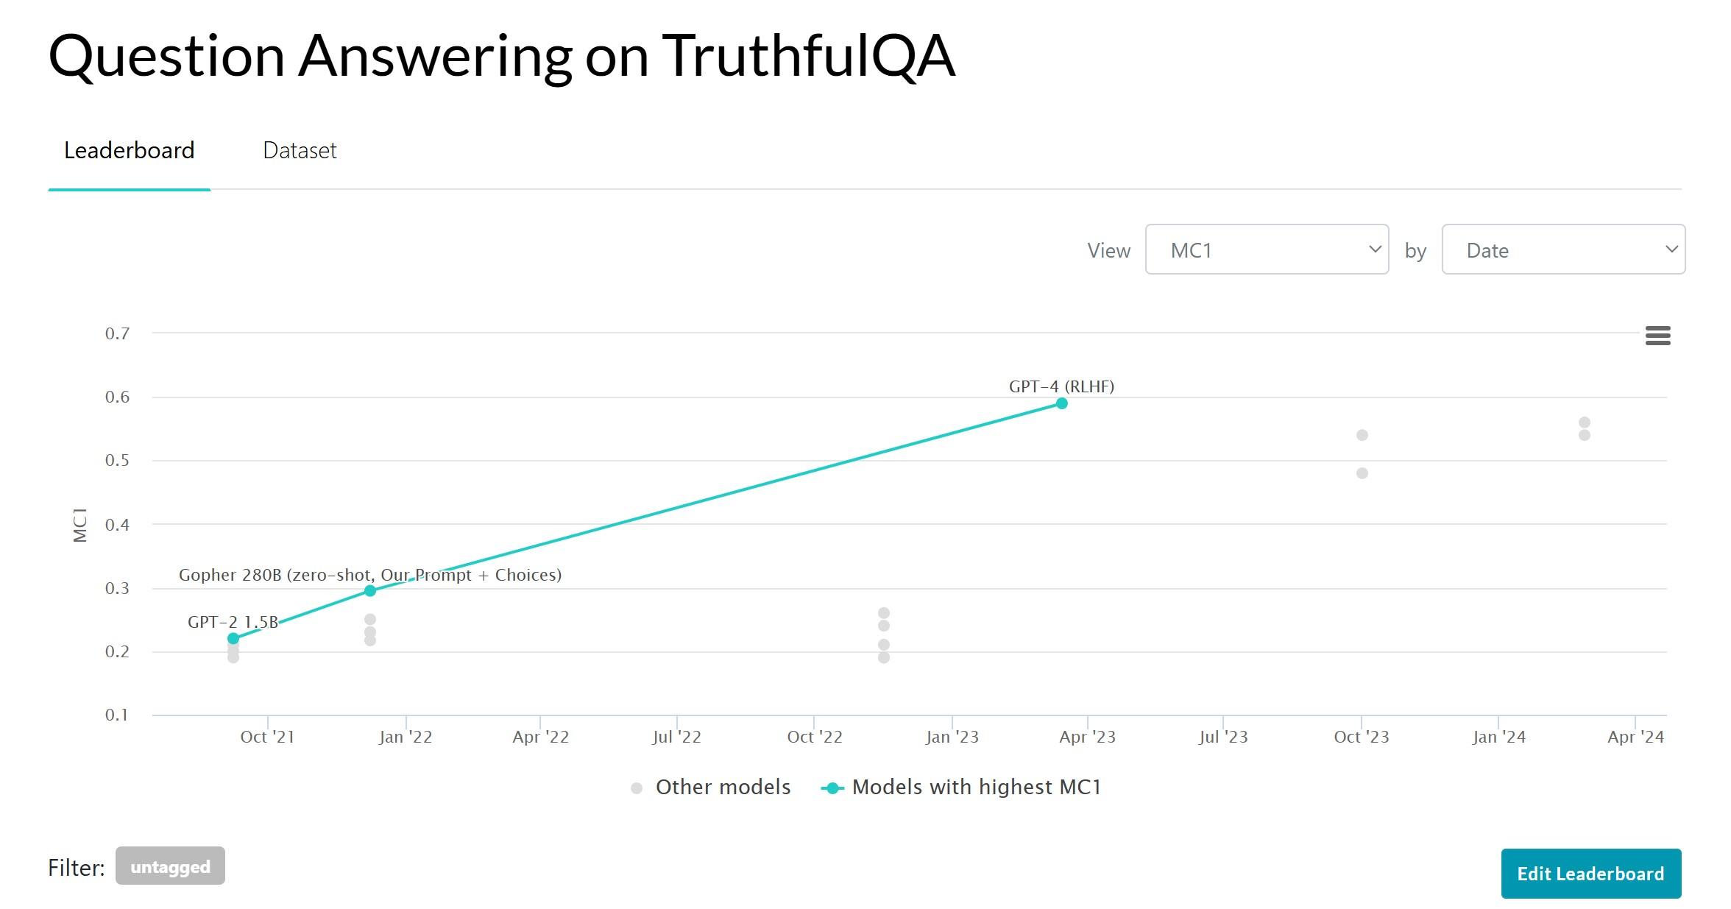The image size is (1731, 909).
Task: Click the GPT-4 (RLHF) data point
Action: (x=1061, y=403)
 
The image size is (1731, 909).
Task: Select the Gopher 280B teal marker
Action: (x=370, y=590)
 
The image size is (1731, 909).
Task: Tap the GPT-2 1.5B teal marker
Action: (x=233, y=638)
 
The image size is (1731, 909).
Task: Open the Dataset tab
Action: (x=300, y=150)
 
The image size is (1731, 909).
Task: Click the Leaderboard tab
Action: (x=130, y=150)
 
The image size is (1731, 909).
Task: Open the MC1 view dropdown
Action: (x=1267, y=250)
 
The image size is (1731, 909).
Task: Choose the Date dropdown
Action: (x=1563, y=250)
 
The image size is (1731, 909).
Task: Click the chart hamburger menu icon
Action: (x=1657, y=336)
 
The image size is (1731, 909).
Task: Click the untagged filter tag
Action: (x=170, y=866)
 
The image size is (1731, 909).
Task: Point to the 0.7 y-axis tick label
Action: (x=117, y=333)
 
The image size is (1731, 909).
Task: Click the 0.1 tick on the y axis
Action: (x=117, y=715)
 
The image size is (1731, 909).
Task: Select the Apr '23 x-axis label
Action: (x=1087, y=737)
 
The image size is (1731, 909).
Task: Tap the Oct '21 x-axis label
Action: (x=267, y=737)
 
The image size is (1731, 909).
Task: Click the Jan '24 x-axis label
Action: (x=1498, y=737)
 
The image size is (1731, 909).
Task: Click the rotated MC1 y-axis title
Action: (x=80, y=525)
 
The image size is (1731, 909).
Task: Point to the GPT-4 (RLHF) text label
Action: (x=1061, y=386)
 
